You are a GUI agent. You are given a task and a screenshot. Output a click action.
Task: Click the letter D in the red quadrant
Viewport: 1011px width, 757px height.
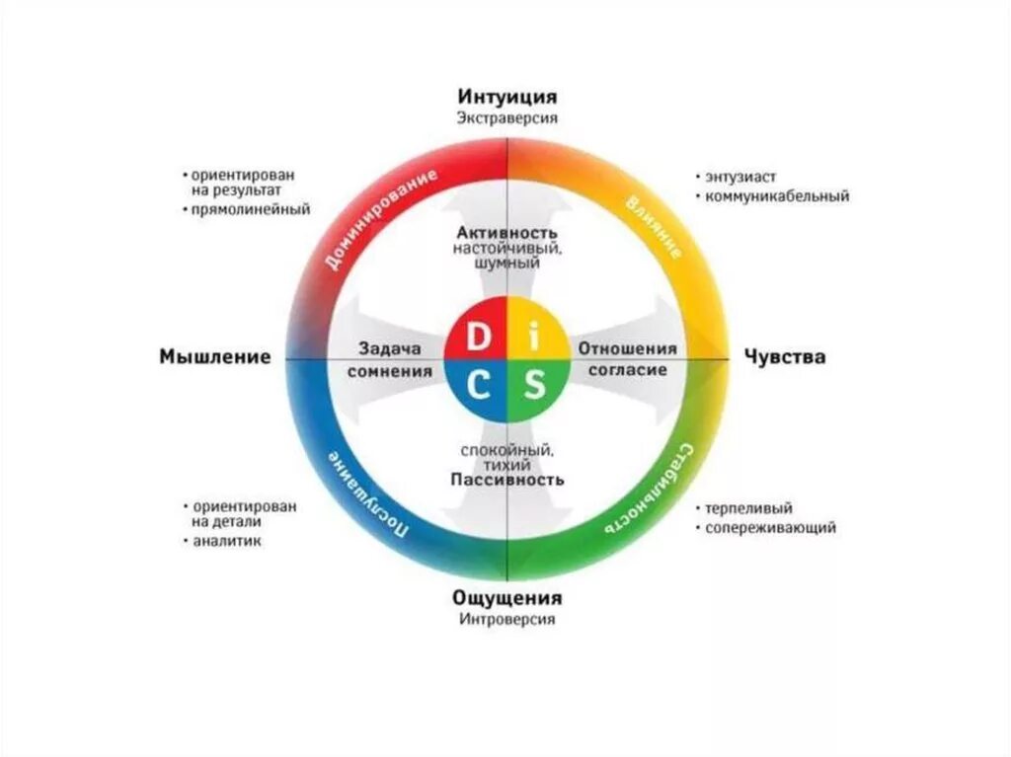pos(478,338)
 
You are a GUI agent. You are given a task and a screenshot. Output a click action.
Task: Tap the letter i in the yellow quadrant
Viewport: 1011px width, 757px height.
pos(534,338)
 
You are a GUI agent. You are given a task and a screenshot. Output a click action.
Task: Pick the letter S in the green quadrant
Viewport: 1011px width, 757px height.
pos(534,385)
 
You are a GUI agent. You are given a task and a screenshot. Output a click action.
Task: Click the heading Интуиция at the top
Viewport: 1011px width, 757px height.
pos(507,97)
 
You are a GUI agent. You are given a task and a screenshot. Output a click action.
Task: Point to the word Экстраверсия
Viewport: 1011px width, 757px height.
pos(507,117)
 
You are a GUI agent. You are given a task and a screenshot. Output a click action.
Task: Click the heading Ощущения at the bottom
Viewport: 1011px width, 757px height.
pos(507,598)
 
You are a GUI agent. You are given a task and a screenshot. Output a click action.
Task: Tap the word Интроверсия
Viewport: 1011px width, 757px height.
pos(507,620)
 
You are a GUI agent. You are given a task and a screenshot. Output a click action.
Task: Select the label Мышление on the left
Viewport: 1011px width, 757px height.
pos(214,357)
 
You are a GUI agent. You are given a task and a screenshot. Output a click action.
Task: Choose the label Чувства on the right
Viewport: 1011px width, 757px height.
pos(785,357)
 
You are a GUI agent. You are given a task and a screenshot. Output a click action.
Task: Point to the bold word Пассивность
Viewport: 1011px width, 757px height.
pos(507,480)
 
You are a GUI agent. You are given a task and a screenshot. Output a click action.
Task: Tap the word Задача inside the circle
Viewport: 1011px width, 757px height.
pos(390,348)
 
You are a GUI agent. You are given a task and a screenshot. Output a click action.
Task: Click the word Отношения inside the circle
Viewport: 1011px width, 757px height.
pos(627,348)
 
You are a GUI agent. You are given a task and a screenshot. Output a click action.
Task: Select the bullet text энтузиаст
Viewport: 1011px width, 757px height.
pos(742,177)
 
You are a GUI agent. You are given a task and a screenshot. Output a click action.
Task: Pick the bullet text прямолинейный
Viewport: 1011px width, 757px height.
pos(251,209)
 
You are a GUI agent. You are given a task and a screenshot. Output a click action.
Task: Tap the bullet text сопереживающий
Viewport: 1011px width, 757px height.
pos(770,528)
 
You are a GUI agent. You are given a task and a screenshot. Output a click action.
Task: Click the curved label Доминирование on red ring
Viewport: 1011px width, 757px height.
pos(378,221)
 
